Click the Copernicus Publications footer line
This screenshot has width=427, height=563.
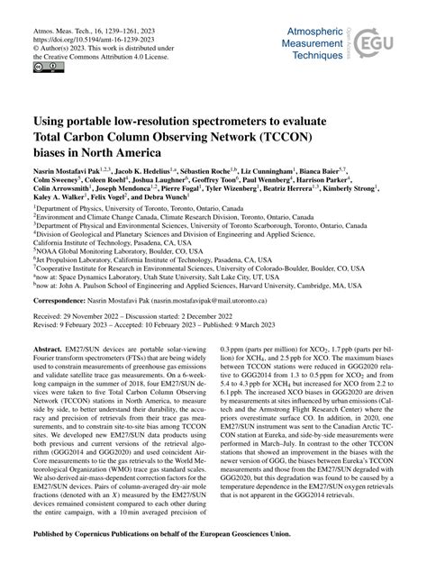(x=213, y=544)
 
